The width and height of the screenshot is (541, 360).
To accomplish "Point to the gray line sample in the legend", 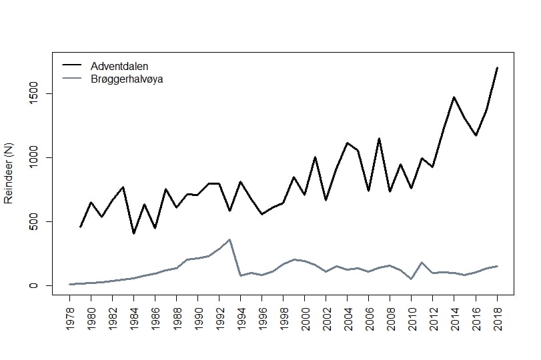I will click(x=71, y=79).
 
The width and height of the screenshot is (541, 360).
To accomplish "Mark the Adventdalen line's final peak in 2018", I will click(x=497, y=68).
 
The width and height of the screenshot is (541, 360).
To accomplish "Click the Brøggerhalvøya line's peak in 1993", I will click(x=230, y=239).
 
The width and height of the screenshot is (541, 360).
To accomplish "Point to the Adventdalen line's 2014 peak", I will click(x=454, y=97).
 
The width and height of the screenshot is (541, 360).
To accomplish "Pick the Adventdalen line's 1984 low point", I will click(x=134, y=233).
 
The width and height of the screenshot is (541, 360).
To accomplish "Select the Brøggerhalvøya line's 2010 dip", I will click(x=412, y=279).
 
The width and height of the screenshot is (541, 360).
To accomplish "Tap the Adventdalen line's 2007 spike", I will click(x=380, y=139).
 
